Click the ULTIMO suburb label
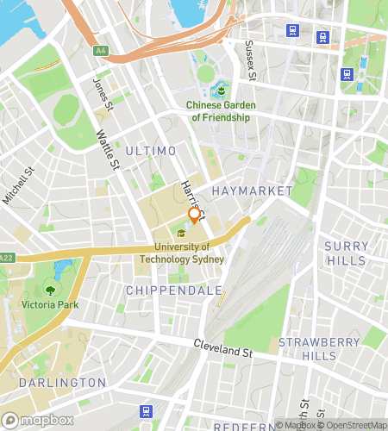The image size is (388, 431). [150, 151]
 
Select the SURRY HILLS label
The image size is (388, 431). [346, 253]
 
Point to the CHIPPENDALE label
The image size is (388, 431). [173, 290]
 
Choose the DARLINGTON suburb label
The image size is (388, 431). [62, 382]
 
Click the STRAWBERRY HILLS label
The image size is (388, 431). [307, 348]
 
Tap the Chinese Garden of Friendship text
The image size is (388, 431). [219, 111]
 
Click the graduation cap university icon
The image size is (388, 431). [181, 233]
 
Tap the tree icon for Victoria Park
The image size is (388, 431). [50, 290]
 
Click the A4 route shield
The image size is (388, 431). [102, 51]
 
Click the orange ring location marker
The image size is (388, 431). [194, 215]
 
